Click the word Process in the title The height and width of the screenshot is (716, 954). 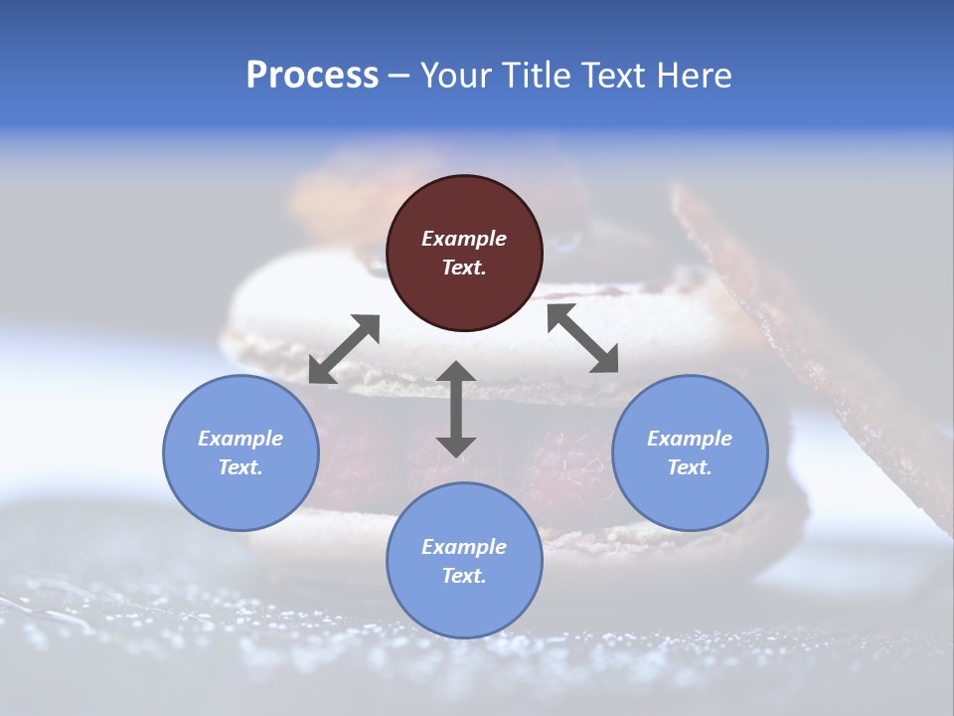click(x=312, y=76)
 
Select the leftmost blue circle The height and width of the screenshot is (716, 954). click(x=240, y=452)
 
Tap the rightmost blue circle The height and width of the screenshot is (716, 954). click(x=690, y=452)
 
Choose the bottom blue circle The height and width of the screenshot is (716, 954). click(x=464, y=560)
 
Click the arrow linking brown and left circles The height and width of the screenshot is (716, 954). click(x=344, y=349)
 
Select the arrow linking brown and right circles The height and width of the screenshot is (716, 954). click(x=582, y=338)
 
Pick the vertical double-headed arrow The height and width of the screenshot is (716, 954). click(x=456, y=409)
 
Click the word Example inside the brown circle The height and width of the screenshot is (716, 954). click(x=464, y=239)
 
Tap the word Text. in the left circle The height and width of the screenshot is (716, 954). click(x=240, y=467)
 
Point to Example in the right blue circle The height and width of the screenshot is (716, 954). click(x=690, y=439)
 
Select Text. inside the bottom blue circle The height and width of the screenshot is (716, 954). click(x=464, y=576)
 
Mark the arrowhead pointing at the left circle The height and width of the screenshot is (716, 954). click(x=321, y=371)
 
